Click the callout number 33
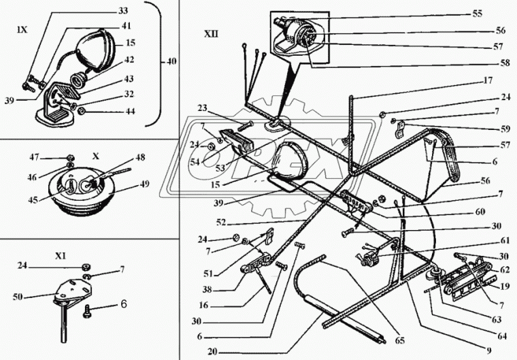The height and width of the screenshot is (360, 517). click(123, 11)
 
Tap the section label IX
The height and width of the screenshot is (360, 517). click(22, 30)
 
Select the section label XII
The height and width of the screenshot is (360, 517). click(211, 33)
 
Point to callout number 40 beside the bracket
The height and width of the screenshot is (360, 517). click(170, 61)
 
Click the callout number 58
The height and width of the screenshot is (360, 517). click(505, 63)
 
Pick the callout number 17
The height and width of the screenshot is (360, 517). click(488, 80)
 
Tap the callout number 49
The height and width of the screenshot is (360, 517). click(144, 184)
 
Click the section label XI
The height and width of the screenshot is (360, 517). click(61, 256)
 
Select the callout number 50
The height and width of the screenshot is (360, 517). click(18, 297)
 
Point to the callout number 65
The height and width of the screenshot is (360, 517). click(399, 340)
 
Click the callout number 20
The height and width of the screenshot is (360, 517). click(213, 352)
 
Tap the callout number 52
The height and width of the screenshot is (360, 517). click(221, 223)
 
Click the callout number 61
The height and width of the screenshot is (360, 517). click(505, 241)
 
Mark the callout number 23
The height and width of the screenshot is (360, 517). click(203, 108)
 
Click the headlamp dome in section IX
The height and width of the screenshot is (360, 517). click(95, 50)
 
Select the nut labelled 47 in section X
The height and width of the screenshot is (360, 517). click(69, 157)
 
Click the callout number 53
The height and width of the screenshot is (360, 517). click(220, 167)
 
